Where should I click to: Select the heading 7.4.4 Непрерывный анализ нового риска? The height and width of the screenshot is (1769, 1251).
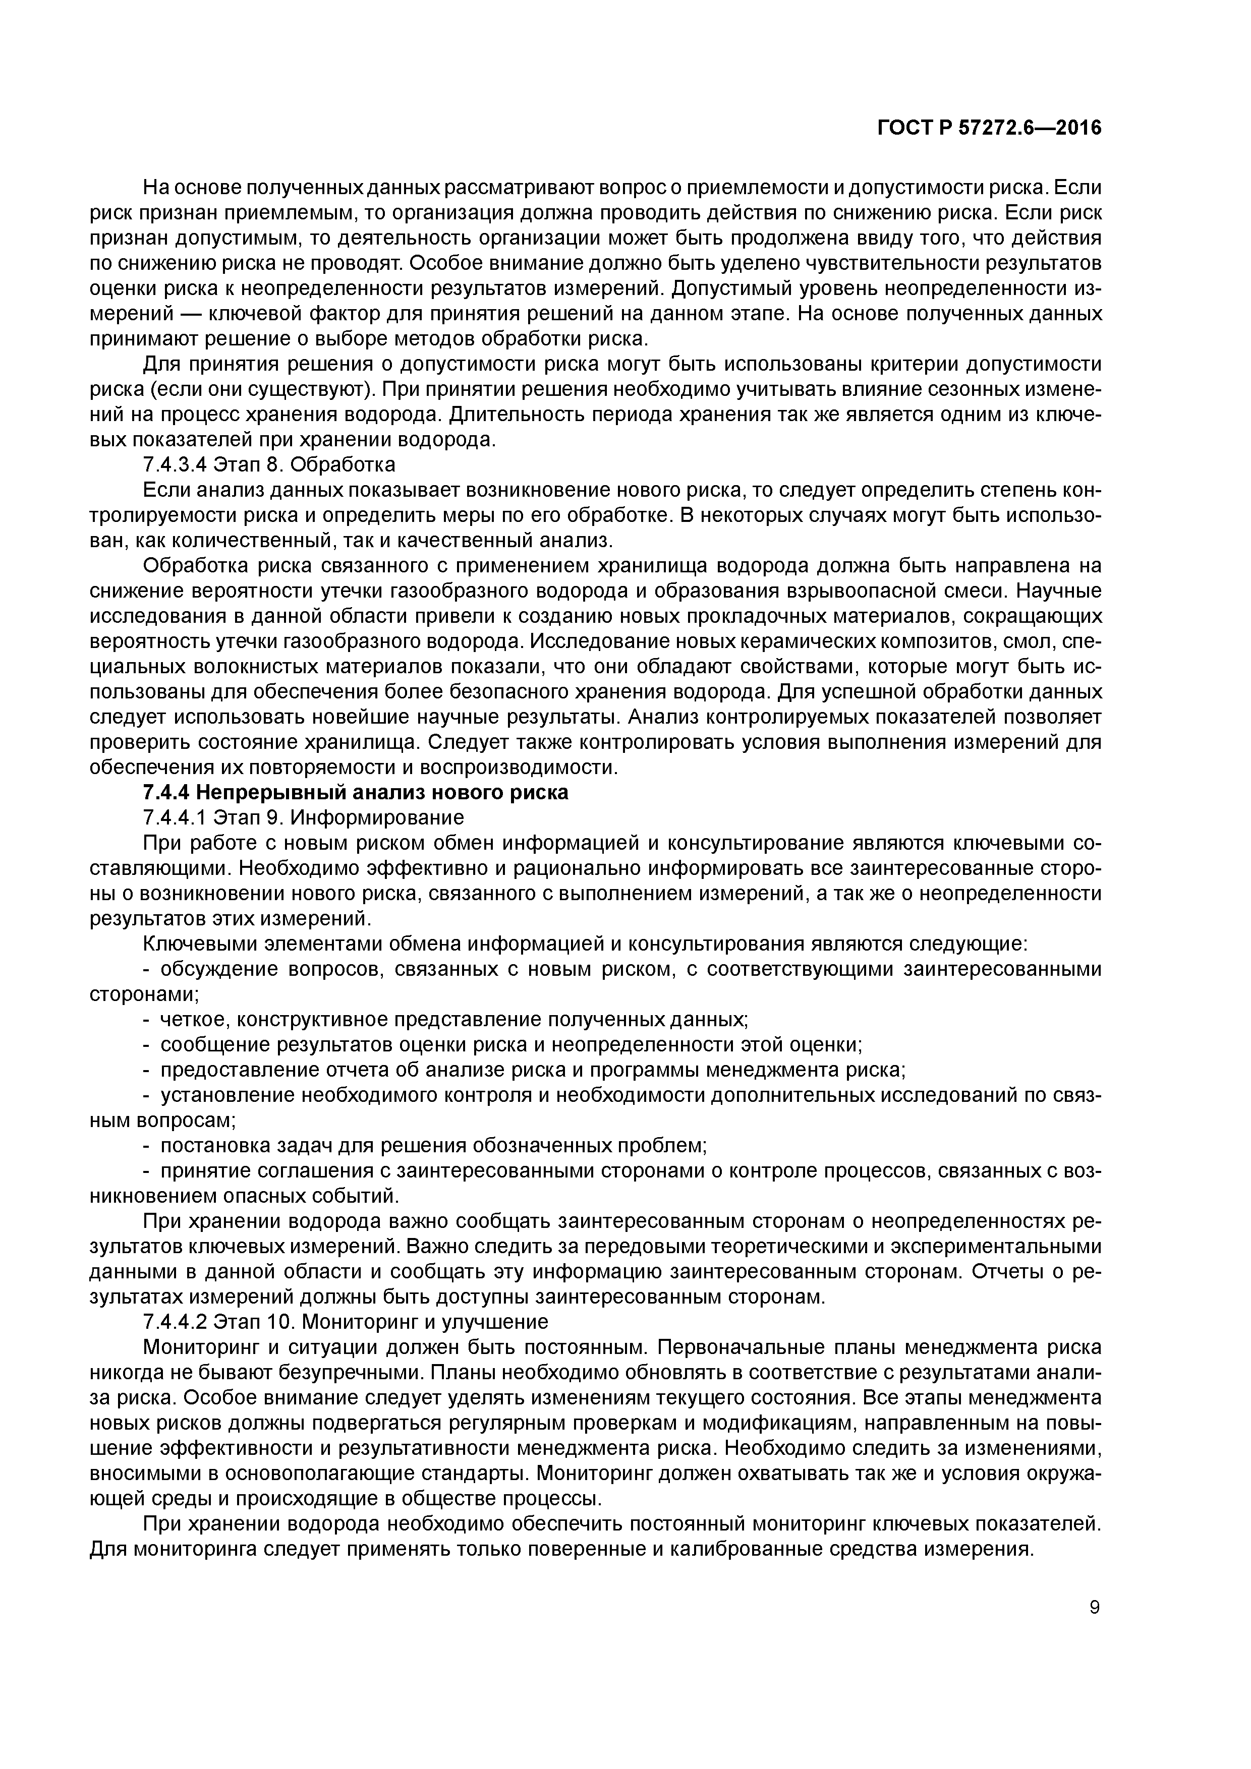355,792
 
